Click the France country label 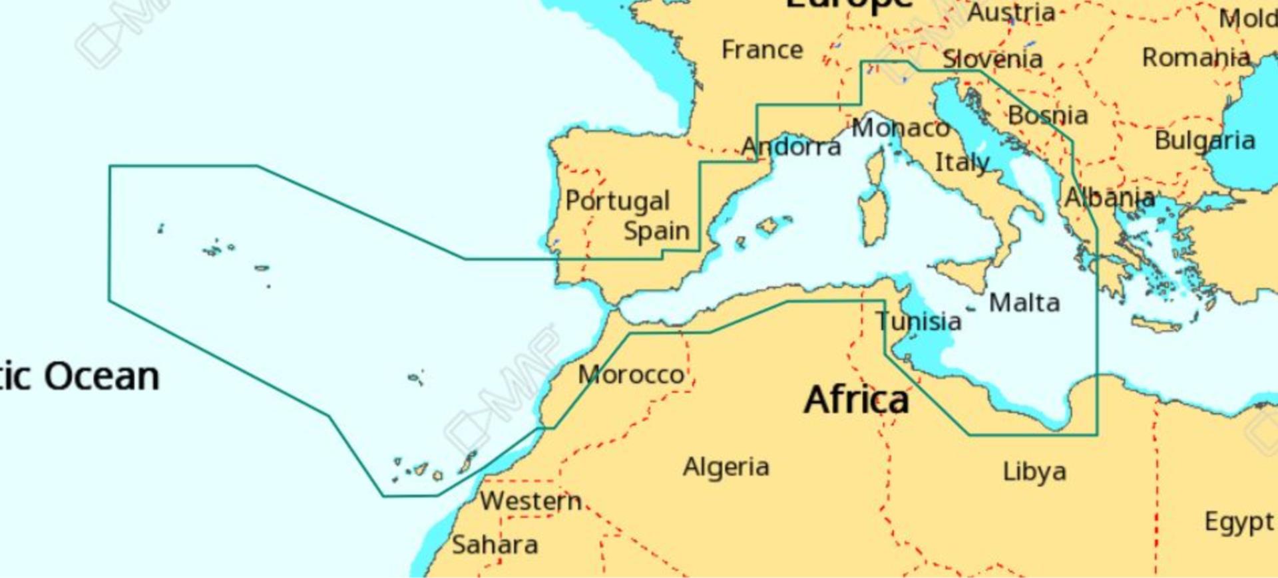tap(762, 50)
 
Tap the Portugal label tap(617, 201)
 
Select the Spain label tap(656, 231)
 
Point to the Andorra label tap(791, 146)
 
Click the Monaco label tap(900, 128)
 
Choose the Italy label tap(962, 162)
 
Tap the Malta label tap(1024, 303)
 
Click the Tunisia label tap(919, 321)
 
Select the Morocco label tap(631, 374)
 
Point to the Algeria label tap(726, 467)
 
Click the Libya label tap(1034, 472)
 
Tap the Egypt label tap(1239, 522)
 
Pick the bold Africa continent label tap(856, 400)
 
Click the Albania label tap(1110, 198)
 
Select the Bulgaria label tap(1205, 140)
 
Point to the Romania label tap(1196, 58)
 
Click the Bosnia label tap(1048, 116)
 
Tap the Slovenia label tap(992, 59)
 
